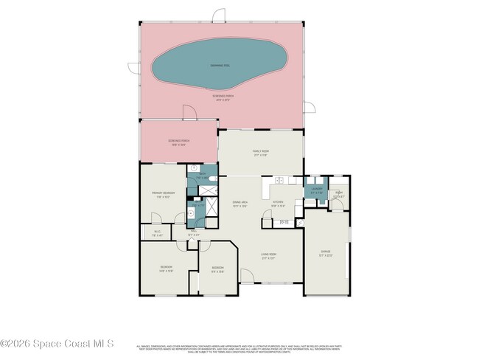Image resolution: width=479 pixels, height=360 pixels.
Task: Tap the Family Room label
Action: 260,152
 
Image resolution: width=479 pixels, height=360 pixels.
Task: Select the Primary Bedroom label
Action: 162,194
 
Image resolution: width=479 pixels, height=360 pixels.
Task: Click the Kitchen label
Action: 279,204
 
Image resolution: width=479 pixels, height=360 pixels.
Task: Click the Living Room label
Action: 268,256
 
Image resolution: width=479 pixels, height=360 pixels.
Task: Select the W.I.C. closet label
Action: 157,234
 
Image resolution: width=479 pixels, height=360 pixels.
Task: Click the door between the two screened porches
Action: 189,114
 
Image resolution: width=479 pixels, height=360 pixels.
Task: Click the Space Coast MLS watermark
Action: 57,344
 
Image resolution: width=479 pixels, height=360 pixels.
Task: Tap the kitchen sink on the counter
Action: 281,181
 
